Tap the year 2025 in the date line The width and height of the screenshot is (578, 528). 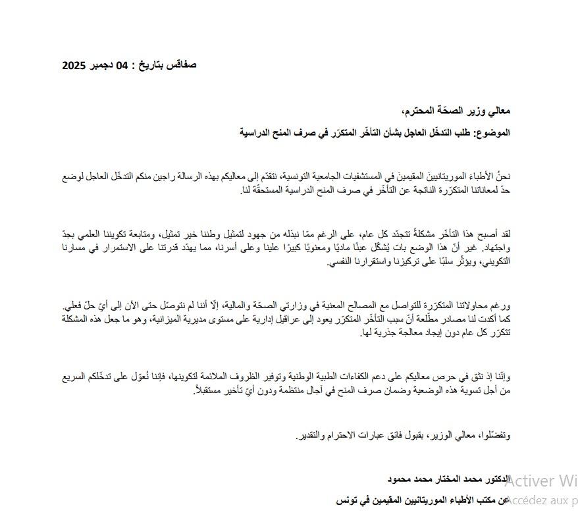pos(74,65)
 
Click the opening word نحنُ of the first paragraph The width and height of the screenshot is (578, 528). pos(501,177)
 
